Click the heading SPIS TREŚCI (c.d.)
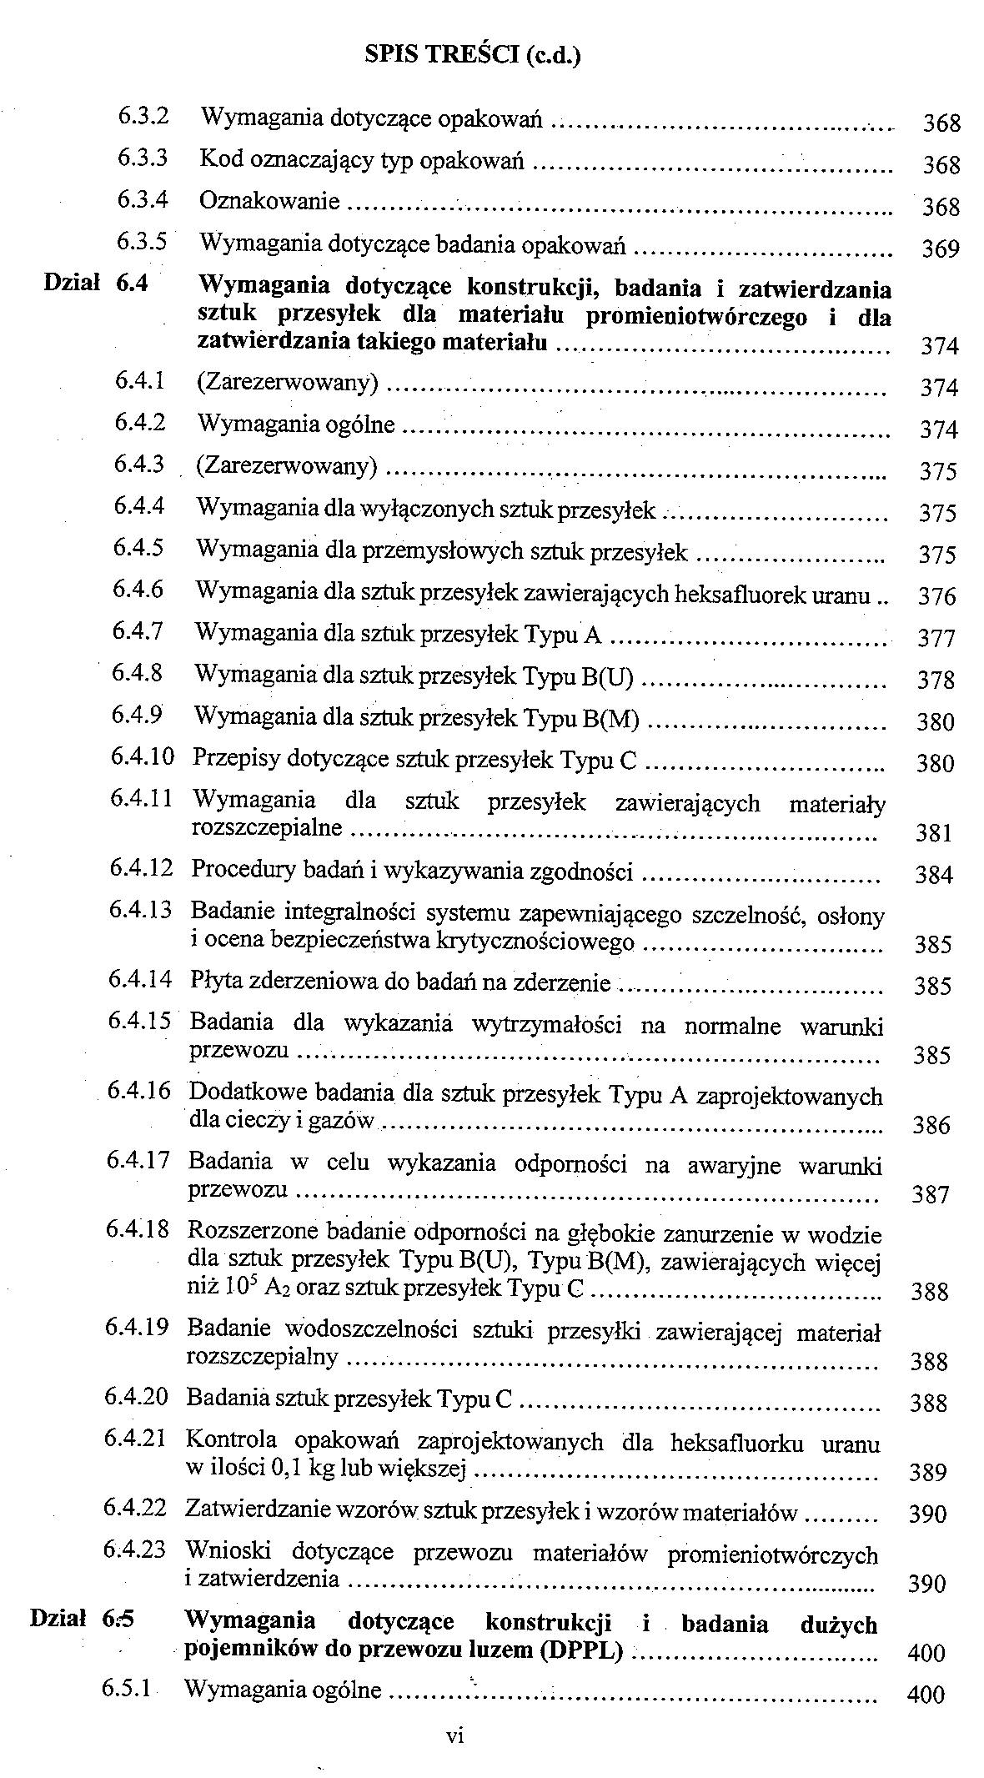click(473, 55)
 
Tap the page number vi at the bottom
click(455, 1736)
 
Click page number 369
click(941, 249)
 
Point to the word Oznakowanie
click(269, 201)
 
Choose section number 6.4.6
click(138, 590)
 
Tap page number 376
click(936, 597)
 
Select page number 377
click(936, 639)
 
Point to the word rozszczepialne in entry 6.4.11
click(267, 827)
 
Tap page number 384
click(933, 875)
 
